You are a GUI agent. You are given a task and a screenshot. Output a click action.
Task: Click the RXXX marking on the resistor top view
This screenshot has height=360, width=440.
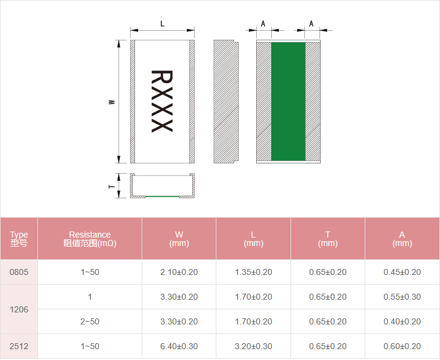162,101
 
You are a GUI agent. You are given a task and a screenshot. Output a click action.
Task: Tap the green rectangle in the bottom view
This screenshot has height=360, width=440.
288,101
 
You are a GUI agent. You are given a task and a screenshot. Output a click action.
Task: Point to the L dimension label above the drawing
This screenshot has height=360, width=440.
162,24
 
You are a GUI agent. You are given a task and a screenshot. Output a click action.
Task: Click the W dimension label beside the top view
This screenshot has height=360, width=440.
112,102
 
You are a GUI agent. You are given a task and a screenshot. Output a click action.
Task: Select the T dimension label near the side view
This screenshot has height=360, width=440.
112,186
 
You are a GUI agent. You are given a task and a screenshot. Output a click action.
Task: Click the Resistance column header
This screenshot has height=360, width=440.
90,239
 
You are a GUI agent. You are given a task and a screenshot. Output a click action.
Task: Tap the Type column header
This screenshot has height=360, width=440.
19,239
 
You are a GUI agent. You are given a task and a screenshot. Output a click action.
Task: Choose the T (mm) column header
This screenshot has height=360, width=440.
328,239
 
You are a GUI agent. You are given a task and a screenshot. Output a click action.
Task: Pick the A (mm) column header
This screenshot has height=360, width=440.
402,239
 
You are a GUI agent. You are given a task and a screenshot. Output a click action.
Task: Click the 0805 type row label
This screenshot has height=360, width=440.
19,272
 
